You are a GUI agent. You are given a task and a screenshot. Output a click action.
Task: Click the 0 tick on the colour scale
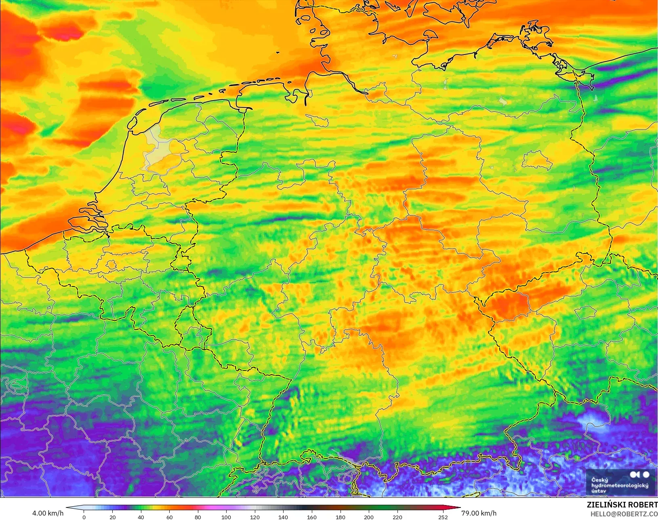(x=84, y=517)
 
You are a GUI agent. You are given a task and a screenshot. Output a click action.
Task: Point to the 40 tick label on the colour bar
(x=141, y=517)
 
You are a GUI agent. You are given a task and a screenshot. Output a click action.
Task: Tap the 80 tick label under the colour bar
(x=198, y=517)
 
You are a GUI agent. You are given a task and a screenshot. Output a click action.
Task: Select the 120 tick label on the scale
(x=254, y=517)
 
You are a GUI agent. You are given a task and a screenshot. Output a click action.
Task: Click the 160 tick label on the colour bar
(x=311, y=517)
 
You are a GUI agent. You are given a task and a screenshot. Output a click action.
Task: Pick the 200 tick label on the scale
(x=368, y=517)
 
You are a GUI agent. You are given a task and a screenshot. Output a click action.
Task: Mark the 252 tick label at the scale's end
(x=443, y=517)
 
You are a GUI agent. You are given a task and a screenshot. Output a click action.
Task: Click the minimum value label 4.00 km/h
(x=48, y=513)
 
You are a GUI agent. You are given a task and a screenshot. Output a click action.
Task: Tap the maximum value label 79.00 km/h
(x=479, y=513)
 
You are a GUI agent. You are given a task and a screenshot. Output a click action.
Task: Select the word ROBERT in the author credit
(x=643, y=505)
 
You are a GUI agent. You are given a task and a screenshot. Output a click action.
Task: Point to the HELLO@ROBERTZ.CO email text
(x=624, y=514)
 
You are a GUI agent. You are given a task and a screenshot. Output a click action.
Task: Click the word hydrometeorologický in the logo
(x=620, y=485)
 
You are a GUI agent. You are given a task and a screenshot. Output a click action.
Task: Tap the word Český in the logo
(x=599, y=480)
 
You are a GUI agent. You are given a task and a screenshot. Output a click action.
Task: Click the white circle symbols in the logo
(x=640, y=474)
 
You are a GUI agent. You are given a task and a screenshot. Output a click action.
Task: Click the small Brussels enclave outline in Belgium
(x=111, y=265)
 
